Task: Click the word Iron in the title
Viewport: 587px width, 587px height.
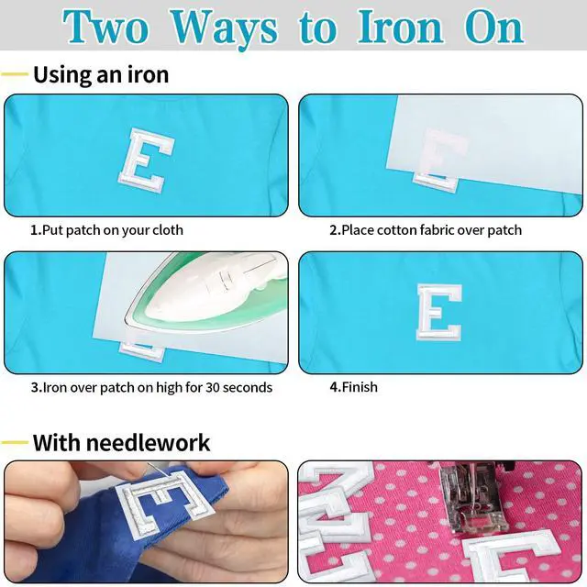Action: click(401, 27)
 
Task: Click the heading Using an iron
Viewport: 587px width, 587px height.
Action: click(101, 75)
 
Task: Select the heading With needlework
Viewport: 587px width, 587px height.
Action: click(121, 442)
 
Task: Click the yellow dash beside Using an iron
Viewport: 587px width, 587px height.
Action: click(15, 74)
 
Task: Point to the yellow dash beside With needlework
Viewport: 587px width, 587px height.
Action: click(15, 442)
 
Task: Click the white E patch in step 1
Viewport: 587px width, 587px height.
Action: click(147, 160)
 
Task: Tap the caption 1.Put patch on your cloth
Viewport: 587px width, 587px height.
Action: click(106, 230)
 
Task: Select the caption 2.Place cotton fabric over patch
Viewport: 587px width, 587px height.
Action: click(426, 230)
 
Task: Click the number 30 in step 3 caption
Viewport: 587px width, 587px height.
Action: click(213, 387)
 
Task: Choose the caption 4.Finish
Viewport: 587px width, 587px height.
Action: click(353, 387)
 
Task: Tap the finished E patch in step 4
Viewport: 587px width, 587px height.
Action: click(439, 312)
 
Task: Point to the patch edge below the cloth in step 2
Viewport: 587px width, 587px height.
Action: click(436, 183)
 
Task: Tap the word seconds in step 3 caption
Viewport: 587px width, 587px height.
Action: click(248, 387)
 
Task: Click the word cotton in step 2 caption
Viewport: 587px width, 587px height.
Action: click(397, 230)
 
